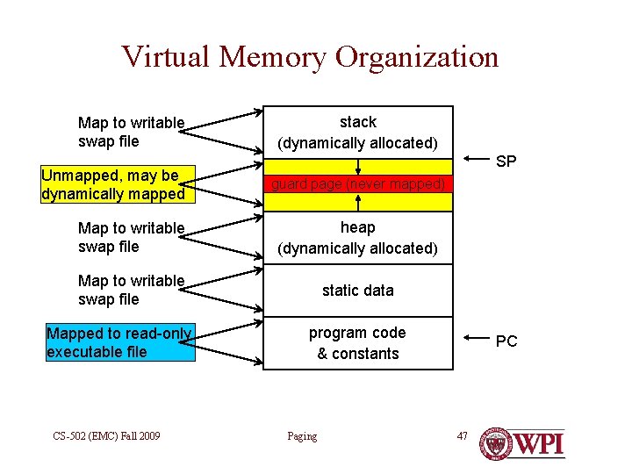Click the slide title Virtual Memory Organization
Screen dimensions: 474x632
pyautogui.click(x=310, y=57)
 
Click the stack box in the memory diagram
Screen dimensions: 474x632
pyautogui.click(x=358, y=132)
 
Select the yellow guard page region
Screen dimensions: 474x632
pyautogui.click(x=358, y=185)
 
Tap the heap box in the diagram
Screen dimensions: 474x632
pyautogui.click(x=358, y=237)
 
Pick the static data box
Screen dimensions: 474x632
pyautogui.click(x=358, y=290)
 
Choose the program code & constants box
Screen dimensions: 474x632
pyautogui.click(x=358, y=343)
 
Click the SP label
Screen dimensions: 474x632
pyautogui.click(x=506, y=162)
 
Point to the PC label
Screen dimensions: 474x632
pyautogui.click(x=506, y=341)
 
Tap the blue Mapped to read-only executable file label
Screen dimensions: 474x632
pyautogui.click(x=119, y=342)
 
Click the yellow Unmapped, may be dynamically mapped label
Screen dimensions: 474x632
pyautogui.click(x=112, y=184)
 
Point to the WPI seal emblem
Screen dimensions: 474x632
pyautogui.click(x=497, y=444)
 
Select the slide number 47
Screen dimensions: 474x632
pyautogui.click(x=463, y=435)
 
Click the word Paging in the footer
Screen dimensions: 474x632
pyautogui.click(x=302, y=436)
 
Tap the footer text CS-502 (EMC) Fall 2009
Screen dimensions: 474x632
pyautogui.click(x=106, y=435)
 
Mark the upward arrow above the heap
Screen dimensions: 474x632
pyautogui.click(x=358, y=205)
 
